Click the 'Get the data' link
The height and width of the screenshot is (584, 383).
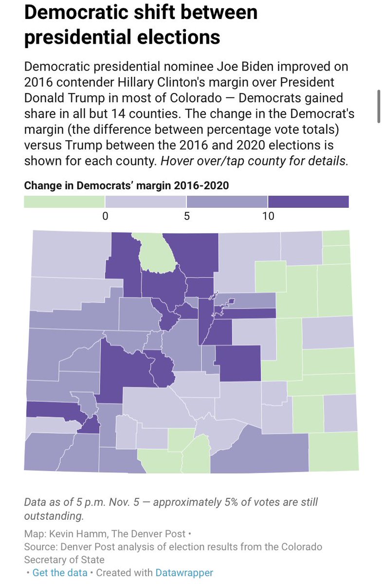pyautogui.click(x=60, y=573)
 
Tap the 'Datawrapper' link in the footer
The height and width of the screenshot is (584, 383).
pyautogui.click(x=184, y=573)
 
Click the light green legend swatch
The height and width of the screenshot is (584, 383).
pyautogui.click(x=64, y=201)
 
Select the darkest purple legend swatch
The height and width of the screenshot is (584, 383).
pyautogui.click(x=308, y=201)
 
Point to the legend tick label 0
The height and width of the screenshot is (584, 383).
pyautogui.click(x=105, y=216)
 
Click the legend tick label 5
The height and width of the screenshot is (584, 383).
pyautogui.click(x=186, y=216)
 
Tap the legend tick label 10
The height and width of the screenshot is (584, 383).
pyautogui.click(x=268, y=216)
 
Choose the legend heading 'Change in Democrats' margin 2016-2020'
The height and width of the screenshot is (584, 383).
pyautogui.click(x=127, y=185)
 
